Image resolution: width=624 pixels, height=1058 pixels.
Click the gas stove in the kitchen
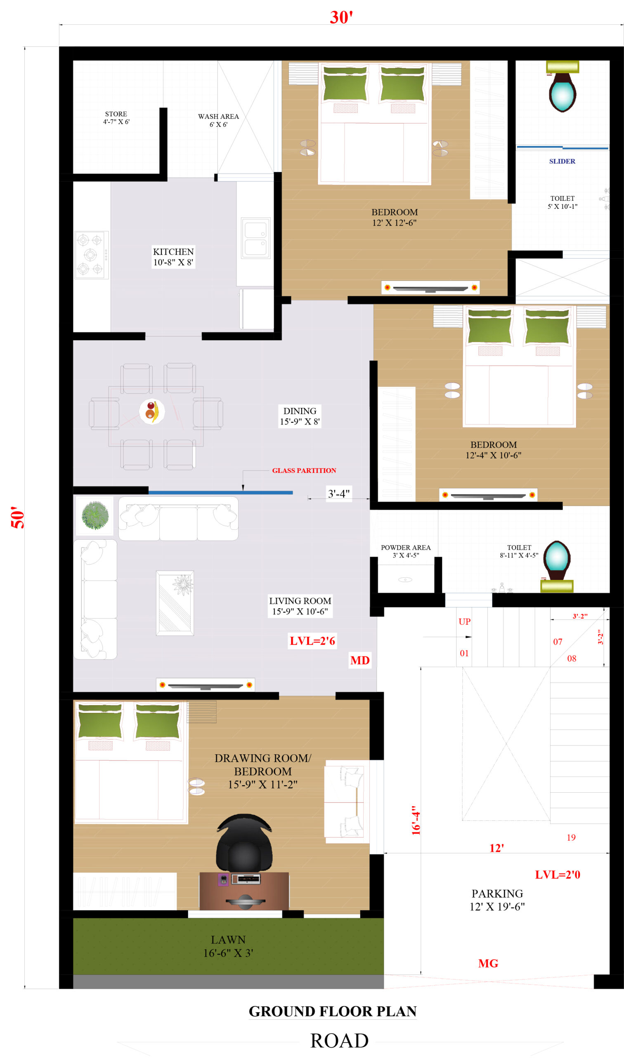pyautogui.click(x=92, y=255)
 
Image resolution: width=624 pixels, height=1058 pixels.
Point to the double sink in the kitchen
pyautogui.click(x=255, y=238)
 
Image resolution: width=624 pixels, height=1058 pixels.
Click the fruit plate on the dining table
pyautogui.click(x=152, y=411)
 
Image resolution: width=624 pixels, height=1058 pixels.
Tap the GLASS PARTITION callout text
pyautogui.click(x=304, y=471)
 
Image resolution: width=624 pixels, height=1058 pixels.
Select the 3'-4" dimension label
pyautogui.click(x=338, y=493)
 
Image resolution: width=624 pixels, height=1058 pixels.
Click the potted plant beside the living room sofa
pyautogui.click(x=95, y=515)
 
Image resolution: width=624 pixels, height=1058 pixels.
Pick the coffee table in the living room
pyautogui.click(x=175, y=603)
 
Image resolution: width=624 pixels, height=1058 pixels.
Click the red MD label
pyautogui.click(x=360, y=660)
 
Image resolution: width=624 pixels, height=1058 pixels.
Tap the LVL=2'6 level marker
pyautogui.click(x=312, y=641)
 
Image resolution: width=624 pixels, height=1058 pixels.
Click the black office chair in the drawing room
pyautogui.click(x=244, y=842)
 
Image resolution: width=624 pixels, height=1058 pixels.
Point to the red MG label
pyautogui.click(x=488, y=963)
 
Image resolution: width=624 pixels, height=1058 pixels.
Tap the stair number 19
pyautogui.click(x=571, y=838)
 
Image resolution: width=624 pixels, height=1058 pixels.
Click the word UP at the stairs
pyautogui.click(x=465, y=622)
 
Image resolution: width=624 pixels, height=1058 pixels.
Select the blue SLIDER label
pyautogui.click(x=562, y=161)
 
